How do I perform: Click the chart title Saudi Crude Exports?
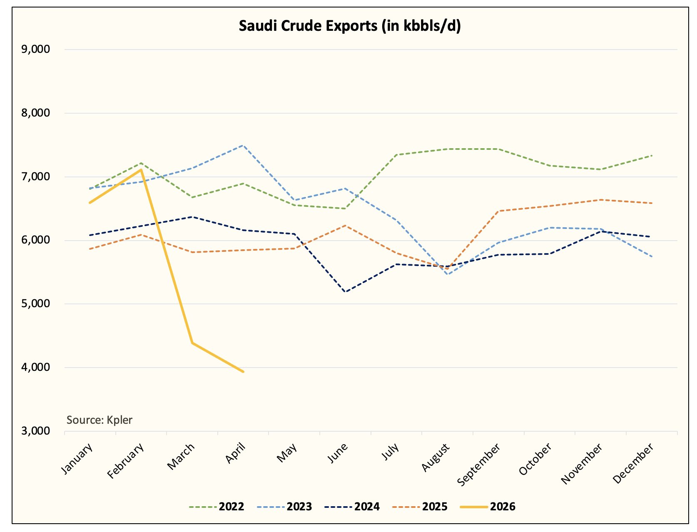tap(350, 26)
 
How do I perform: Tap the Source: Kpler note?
tap(99, 420)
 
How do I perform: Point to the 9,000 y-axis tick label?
tap(35, 49)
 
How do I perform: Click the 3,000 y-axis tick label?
tap(35, 431)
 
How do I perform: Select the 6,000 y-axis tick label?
tap(35, 240)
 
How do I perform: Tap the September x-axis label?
tap(479, 465)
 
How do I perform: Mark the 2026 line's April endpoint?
tap(243, 372)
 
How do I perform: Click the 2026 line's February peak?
tap(141, 170)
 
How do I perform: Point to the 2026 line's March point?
tap(192, 343)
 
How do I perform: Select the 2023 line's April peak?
tap(243, 145)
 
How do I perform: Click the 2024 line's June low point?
tap(346, 292)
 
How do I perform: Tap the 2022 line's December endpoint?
tap(652, 156)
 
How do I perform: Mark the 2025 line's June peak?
tap(346, 226)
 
